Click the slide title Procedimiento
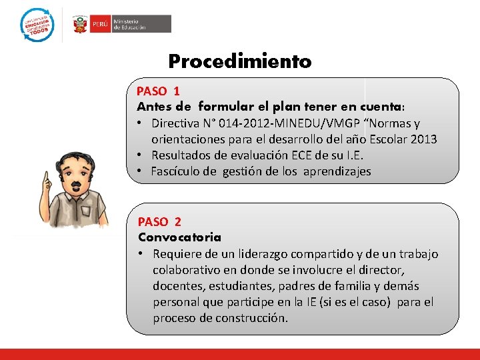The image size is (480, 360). click(239, 62)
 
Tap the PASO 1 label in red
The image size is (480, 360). click(158, 91)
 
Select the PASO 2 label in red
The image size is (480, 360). click(159, 221)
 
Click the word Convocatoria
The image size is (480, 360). click(179, 237)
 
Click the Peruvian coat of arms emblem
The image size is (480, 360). click(80, 24)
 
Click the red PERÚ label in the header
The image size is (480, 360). click(99, 24)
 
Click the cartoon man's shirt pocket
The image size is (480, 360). click(85, 211)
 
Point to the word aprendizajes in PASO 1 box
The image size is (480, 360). click(337, 171)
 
